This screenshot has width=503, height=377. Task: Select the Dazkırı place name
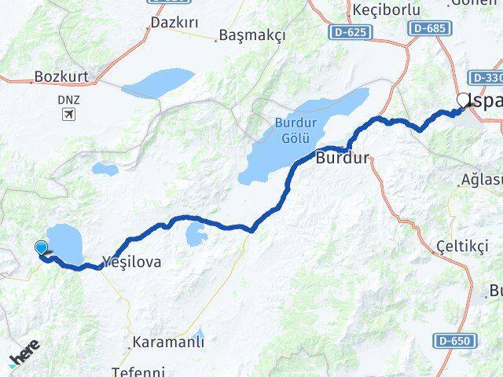[172, 24]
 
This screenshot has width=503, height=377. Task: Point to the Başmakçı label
[252, 35]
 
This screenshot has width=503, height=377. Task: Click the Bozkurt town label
[61, 78]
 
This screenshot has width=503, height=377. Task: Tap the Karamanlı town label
[168, 342]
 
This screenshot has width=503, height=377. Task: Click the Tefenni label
[139, 372]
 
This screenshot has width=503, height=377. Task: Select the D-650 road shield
[454, 342]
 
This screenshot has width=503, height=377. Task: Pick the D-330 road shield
[486, 78]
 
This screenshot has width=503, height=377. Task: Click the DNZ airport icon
[69, 115]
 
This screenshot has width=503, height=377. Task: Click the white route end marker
[463, 101]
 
